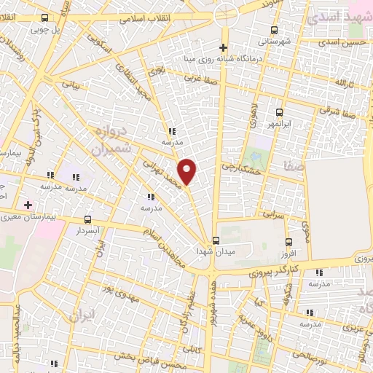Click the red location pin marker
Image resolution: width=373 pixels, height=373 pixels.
point(188,172)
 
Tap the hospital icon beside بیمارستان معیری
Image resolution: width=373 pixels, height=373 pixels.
point(28,205)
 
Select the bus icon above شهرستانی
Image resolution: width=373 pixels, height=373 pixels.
point(275,30)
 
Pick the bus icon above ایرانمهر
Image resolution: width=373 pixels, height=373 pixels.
point(280,112)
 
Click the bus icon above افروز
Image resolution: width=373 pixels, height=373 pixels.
point(289,242)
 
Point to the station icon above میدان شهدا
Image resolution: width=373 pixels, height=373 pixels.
point(215,240)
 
